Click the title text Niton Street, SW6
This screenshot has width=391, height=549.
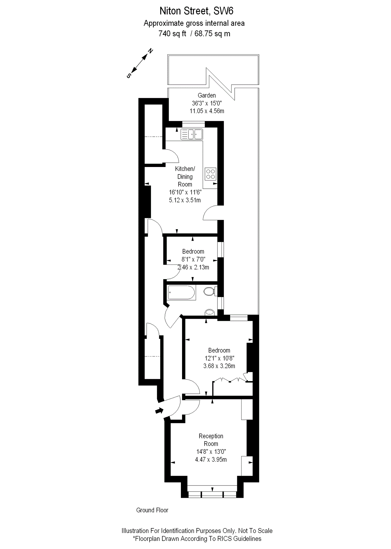[196, 11]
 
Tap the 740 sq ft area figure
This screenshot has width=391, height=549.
[172, 34]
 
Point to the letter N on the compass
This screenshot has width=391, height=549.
[150, 51]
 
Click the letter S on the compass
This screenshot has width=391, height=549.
[129, 76]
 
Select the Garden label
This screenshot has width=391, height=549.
[207, 96]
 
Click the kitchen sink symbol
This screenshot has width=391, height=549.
[191, 134]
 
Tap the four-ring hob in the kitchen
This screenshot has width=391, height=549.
[211, 174]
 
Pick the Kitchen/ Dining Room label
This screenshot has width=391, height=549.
[185, 176]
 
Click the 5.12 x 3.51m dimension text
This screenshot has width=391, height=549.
[185, 200]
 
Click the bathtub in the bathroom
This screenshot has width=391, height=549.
[181, 293]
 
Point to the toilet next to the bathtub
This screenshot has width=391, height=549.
[209, 291]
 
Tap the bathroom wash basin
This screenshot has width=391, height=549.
[210, 312]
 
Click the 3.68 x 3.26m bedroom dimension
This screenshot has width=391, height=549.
[219, 366]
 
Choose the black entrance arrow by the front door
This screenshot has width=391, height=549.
[159, 411]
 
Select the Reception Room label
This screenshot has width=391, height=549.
[211, 440]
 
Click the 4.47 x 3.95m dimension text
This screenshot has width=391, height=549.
[211, 460]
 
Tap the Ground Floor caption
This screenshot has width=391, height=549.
[152, 510]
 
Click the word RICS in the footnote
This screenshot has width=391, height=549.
[225, 539]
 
